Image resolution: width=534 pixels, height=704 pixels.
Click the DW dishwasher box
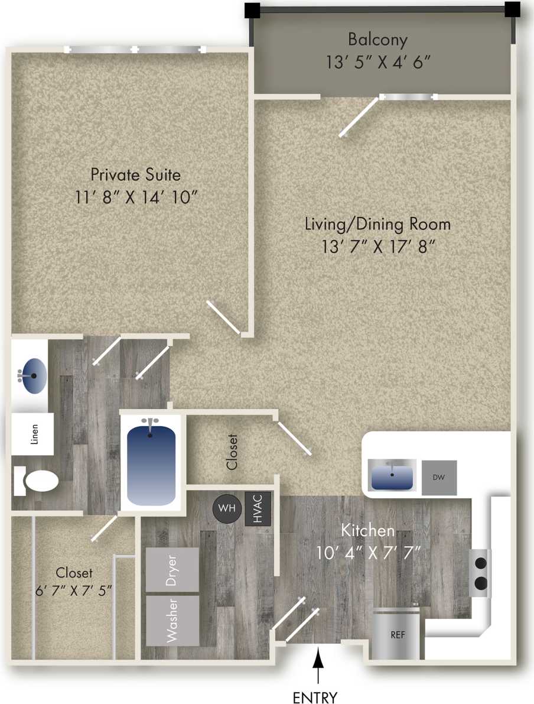(x=439, y=477)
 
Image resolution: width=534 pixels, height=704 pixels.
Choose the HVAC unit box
(x=258, y=508)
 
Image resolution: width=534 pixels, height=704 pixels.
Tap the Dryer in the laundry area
(x=172, y=570)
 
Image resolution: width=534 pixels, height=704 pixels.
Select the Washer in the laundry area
(x=172, y=620)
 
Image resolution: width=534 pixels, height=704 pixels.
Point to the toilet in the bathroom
(x=37, y=481)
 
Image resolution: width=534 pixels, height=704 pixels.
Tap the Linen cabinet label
(x=33, y=434)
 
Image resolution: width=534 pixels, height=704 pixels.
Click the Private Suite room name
(x=135, y=175)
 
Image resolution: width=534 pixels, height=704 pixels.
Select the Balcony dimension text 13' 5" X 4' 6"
(x=377, y=61)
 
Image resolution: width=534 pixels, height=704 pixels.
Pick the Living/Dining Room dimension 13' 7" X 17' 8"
(x=377, y=246)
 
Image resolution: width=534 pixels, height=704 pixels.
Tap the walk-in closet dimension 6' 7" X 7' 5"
(x=74, y=591)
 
